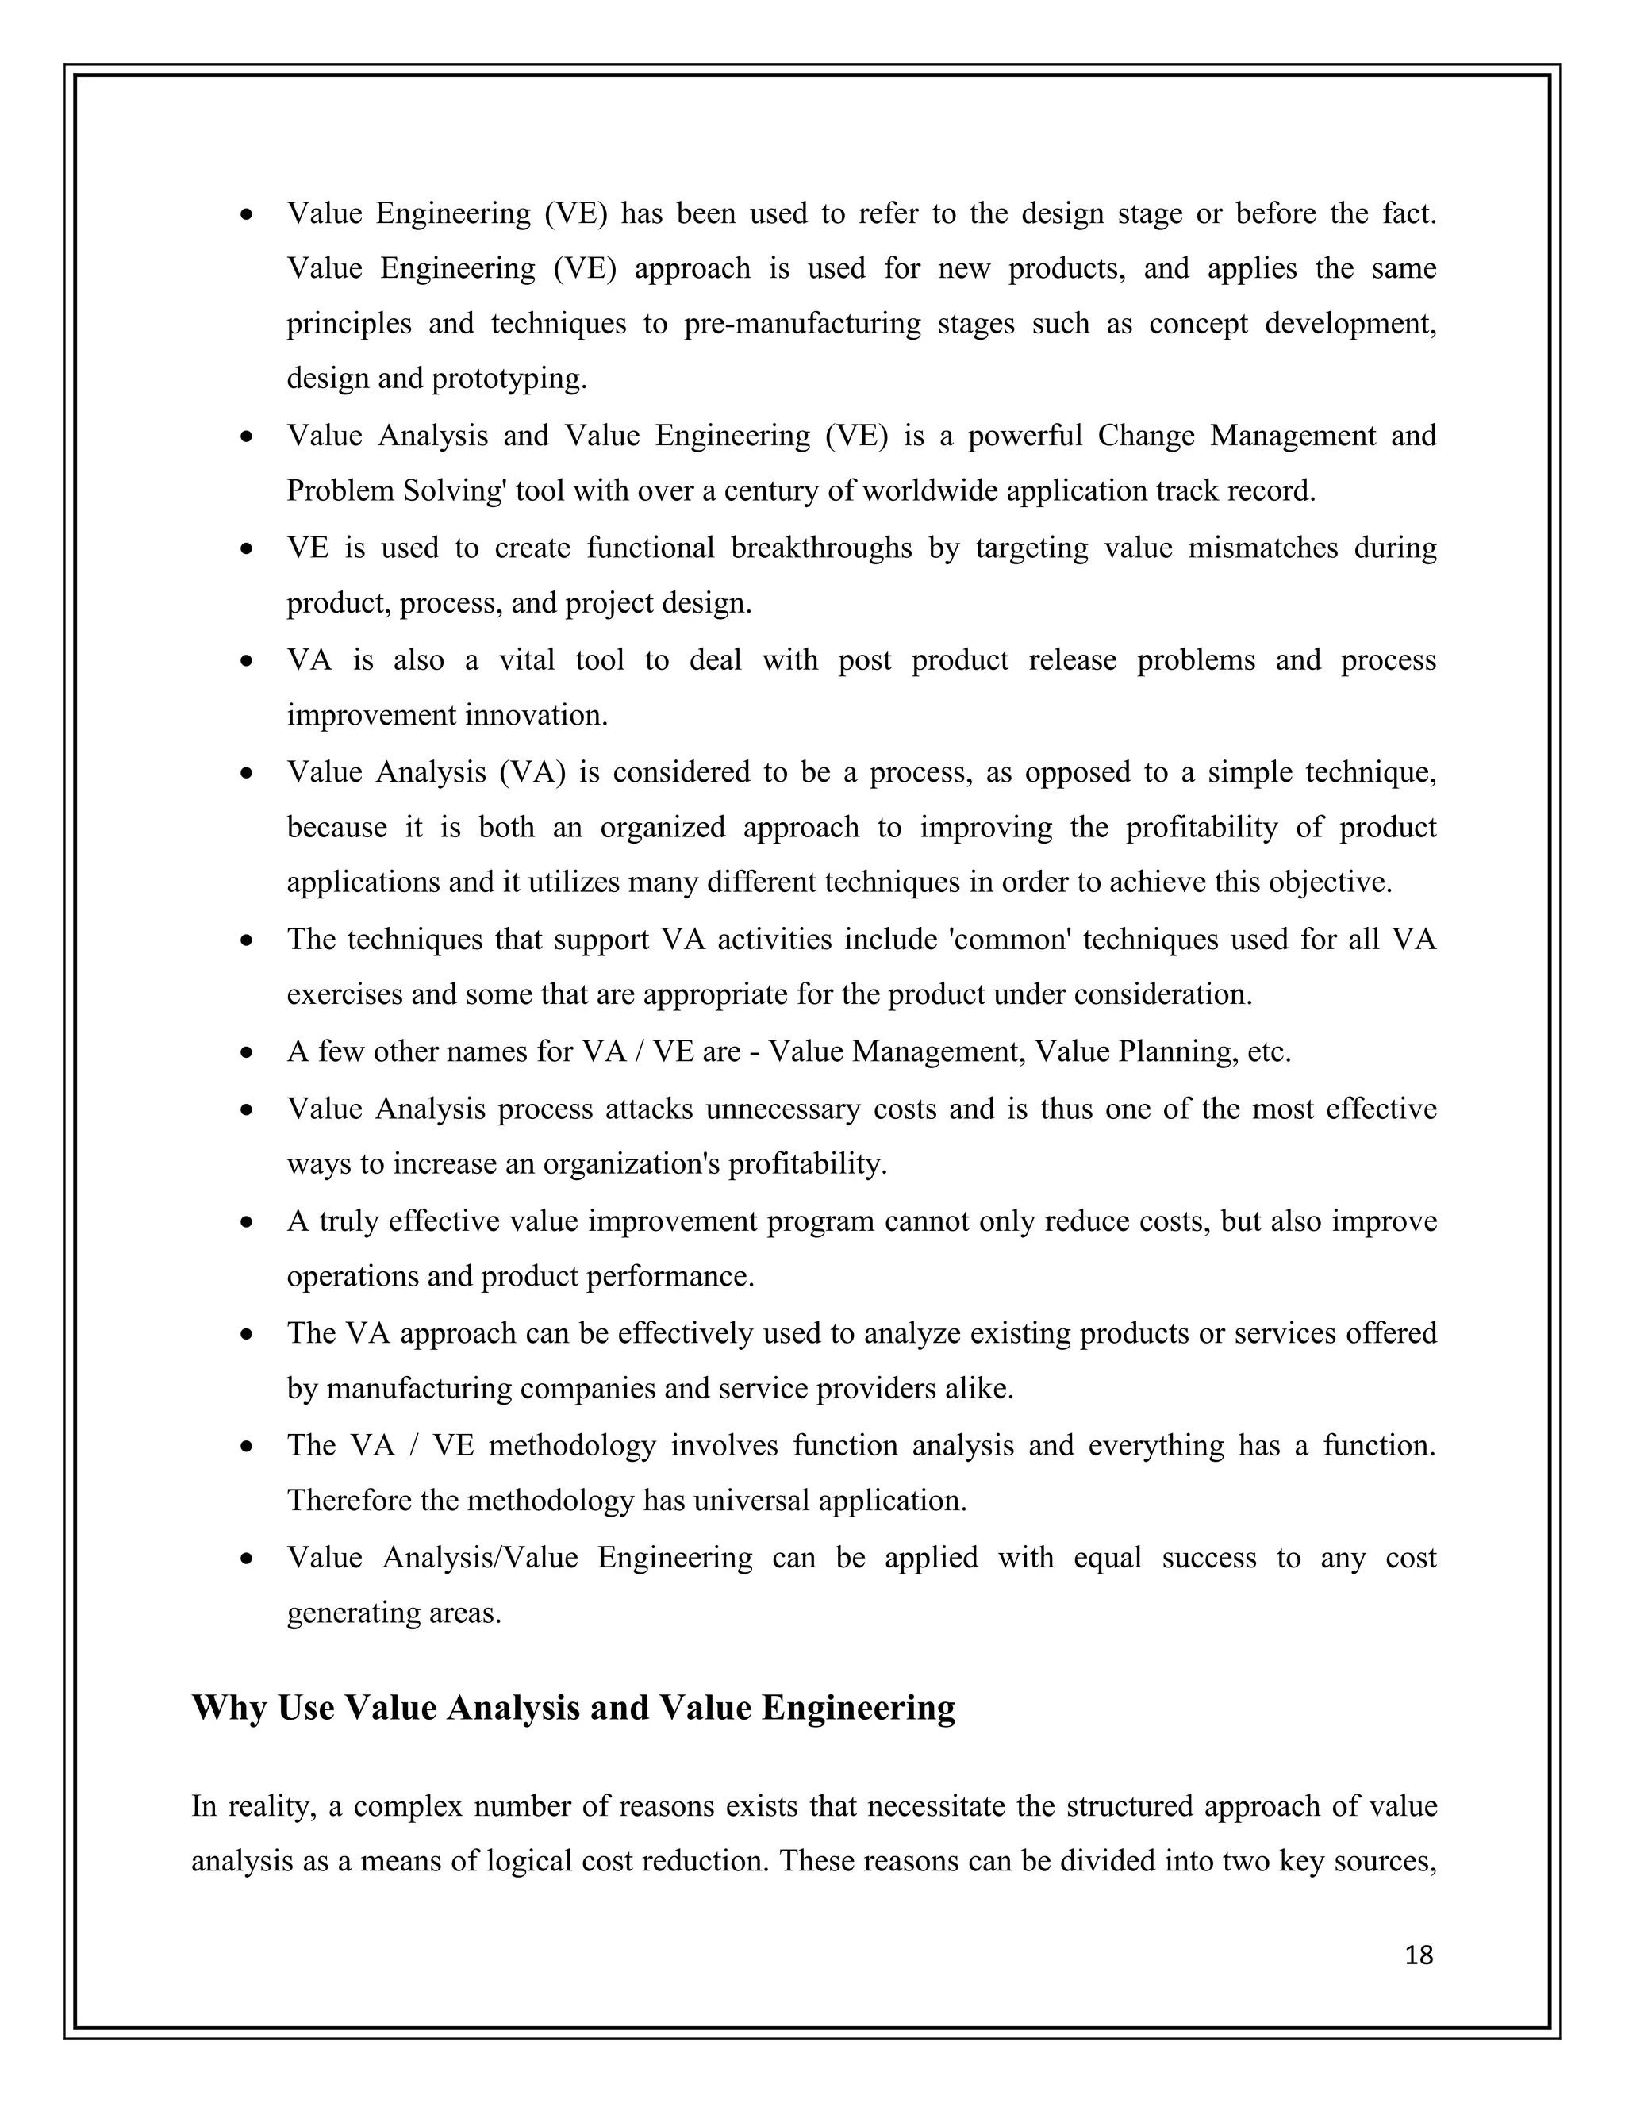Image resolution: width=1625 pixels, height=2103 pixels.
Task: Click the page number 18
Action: click(1419, 1955)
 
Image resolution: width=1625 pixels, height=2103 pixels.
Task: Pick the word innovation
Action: click(536, 716)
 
